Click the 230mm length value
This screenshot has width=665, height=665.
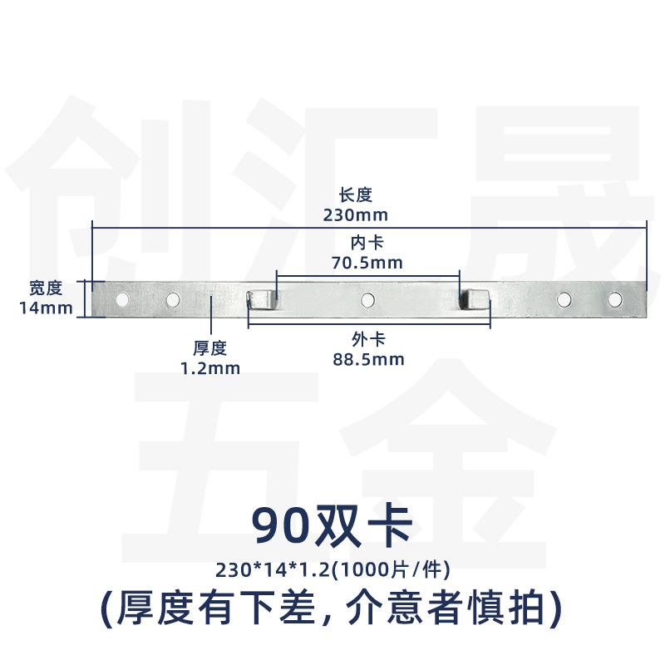coord(356,215)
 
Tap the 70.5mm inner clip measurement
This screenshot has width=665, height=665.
coord(367,263)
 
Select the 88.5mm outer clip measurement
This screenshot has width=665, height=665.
coord(368,360)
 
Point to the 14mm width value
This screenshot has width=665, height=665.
coord(46,308)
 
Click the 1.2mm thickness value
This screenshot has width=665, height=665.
coord(210,368)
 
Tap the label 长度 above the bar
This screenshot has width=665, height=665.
coord(356,195)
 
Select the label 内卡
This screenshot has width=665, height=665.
coord(367,243)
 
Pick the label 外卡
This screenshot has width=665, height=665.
coord(368,340)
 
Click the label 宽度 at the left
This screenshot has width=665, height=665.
coord(46,288)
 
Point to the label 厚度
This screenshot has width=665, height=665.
coord(210,348)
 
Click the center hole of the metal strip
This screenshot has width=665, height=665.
coord(367,300)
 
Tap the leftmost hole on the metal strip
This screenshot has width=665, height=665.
coord(122,299)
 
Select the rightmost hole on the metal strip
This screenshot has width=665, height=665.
coord(614,299)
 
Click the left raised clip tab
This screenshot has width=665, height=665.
coord(260,299)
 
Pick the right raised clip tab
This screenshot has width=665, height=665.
coord(474,298)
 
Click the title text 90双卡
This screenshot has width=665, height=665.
coord(332,526)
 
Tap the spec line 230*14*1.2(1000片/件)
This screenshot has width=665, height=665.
coord(332,569)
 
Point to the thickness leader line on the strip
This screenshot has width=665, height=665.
coord(211,314)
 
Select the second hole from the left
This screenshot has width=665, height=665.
coord(173,299)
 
